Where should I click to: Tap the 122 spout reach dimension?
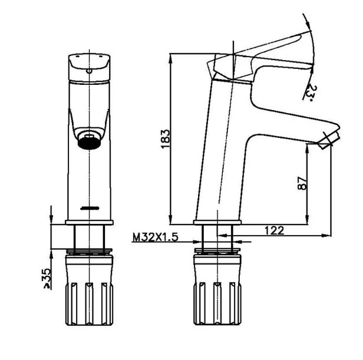[275, 230]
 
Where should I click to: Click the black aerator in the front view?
[90, 140]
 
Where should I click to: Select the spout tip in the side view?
[328, 138]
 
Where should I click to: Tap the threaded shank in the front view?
[88, 237]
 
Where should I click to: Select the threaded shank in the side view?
[217, 237]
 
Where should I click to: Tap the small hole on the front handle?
[89, 71]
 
